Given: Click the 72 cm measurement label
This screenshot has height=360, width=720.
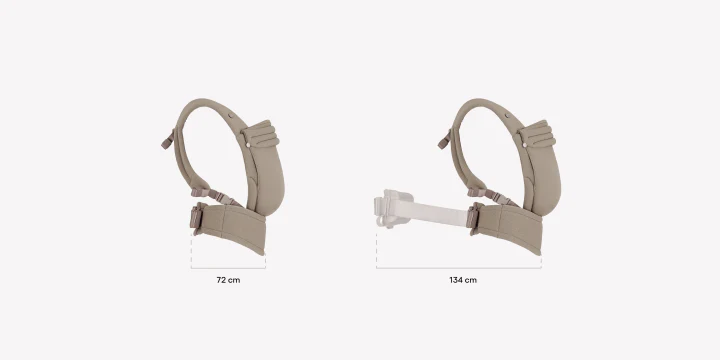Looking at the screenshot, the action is click(x=228, y=280).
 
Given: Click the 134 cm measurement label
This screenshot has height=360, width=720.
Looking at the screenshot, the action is click(x=463, y=280).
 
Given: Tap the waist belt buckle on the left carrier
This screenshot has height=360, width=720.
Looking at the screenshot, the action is click(x=196, y=216).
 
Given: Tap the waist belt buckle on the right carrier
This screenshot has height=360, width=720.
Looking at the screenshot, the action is click(x=472, y=216).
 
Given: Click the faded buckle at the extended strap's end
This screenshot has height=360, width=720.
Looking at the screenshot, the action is click(x=391, y=209).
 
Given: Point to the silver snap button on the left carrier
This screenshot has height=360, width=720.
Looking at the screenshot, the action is click(x=248, y=145).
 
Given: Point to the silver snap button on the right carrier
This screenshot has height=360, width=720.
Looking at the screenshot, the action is click(x=524, y=145).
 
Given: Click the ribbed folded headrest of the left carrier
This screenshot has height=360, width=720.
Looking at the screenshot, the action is click(x=260, y=134).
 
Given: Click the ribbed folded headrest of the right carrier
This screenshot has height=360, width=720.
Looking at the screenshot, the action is click(x=537, y=134).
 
